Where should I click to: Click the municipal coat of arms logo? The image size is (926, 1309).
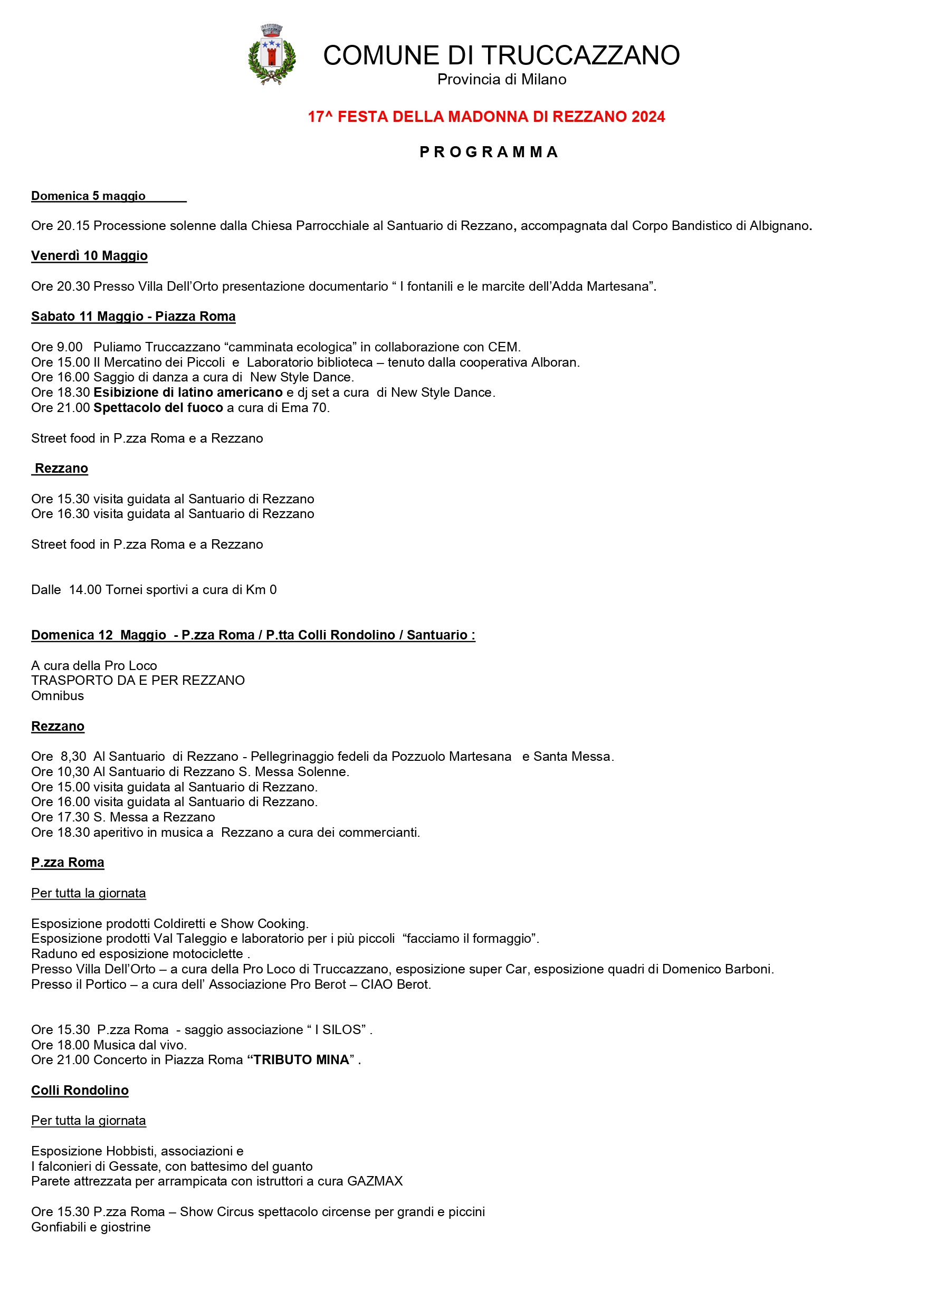[x=272, y=55]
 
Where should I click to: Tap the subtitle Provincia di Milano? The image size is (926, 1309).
[x=501, y=80]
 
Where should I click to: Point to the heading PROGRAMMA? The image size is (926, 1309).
[x=489, y=152]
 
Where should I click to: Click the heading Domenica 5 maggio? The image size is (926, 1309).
[x=89, y=196]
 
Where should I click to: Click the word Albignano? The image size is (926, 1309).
[x=779, y=226]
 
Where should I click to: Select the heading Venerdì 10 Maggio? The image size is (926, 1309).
[x=90, y=256]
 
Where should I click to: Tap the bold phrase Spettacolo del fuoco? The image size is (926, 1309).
[x=158, y=408]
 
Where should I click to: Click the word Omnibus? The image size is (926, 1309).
[x=58, y=696]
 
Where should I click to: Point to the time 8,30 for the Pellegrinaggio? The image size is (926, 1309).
[x=73, y=757]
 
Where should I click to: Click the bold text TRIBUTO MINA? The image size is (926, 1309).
[x=301, y=1060]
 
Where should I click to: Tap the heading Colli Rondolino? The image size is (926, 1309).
[x=80, y=1091]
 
